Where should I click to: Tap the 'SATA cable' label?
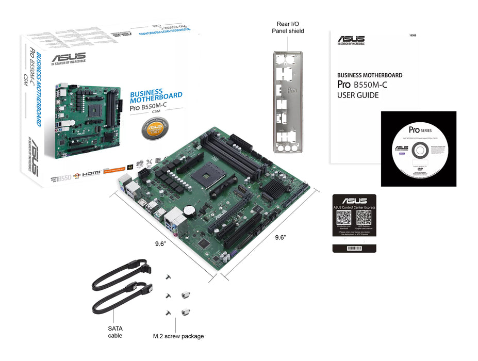pos(115,331)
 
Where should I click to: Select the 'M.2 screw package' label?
pos(178,336)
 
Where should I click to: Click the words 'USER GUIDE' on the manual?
pos(358,95)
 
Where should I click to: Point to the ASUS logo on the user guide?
pos(351,40)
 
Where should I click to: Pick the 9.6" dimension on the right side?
pos(280,237)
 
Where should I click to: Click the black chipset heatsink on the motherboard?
pos(274,190)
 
